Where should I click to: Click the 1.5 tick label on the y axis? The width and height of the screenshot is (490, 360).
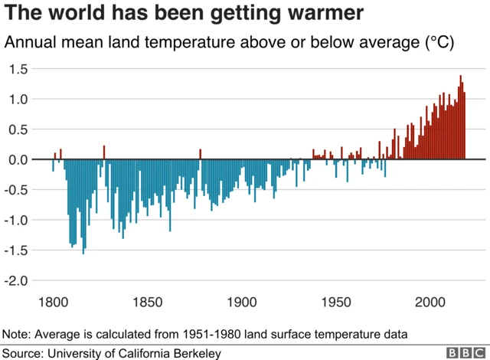19,70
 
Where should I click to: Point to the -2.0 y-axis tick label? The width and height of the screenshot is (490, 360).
18,281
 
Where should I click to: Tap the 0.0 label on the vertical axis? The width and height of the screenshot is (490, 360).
19,160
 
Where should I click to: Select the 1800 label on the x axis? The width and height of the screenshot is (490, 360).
53,301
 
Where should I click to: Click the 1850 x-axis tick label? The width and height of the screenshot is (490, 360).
147,301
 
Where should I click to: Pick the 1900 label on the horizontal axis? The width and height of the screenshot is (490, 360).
241,301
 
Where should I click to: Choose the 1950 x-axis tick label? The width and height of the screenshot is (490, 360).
336,301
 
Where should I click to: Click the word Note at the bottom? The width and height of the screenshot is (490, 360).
16,335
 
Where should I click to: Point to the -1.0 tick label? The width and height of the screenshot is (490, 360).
18,221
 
